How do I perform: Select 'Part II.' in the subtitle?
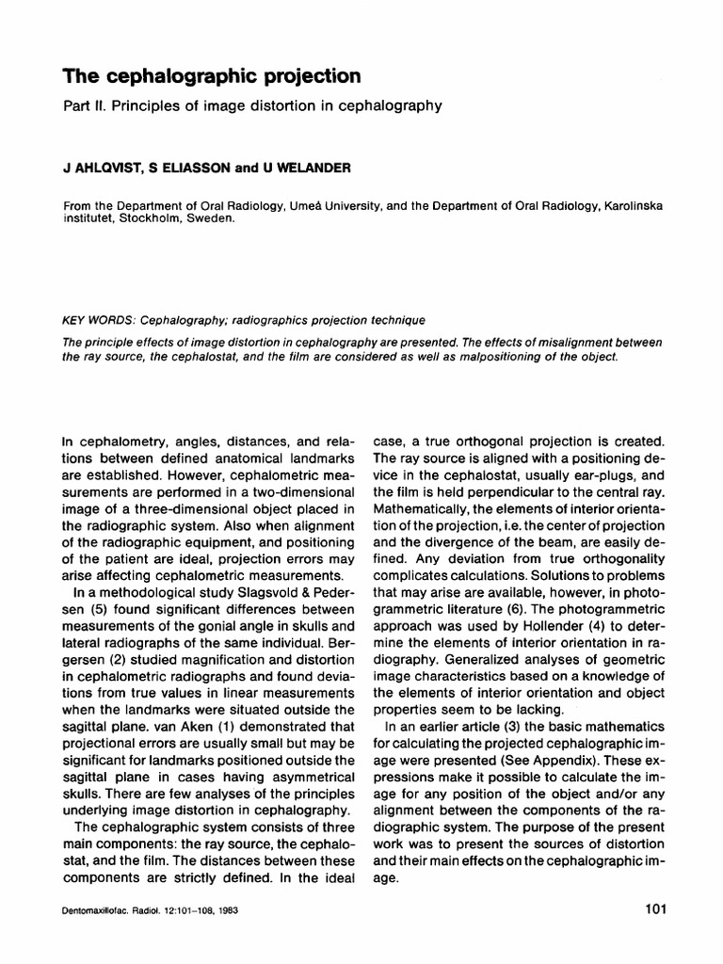86,106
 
